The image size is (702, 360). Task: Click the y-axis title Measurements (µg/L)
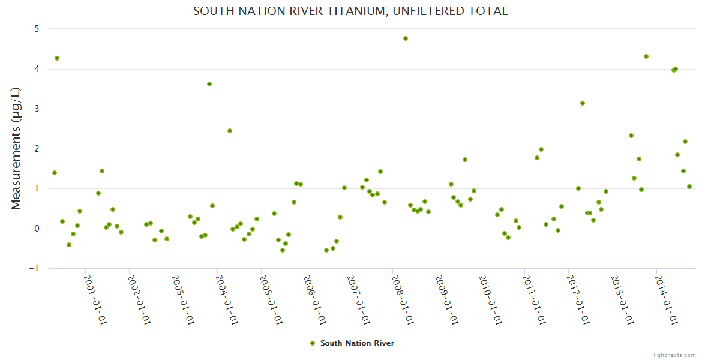(16, 148)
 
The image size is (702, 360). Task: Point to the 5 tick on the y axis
(37, 29)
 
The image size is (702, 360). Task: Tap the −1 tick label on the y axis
(35, 268)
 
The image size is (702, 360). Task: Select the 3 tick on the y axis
(37, 109)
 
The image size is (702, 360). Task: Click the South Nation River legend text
(357, 343)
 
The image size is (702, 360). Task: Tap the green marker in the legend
(312, 343)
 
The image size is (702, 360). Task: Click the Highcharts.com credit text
(673, 355)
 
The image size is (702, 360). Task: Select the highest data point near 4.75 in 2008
(406, 38)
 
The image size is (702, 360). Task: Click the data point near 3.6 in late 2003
(209, 84)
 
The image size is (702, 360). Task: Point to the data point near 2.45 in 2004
(230, 131)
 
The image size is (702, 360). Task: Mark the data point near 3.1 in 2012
(583, 103)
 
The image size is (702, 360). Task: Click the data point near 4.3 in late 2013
(646, 56)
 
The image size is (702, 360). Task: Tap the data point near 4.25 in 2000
(57, 58)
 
